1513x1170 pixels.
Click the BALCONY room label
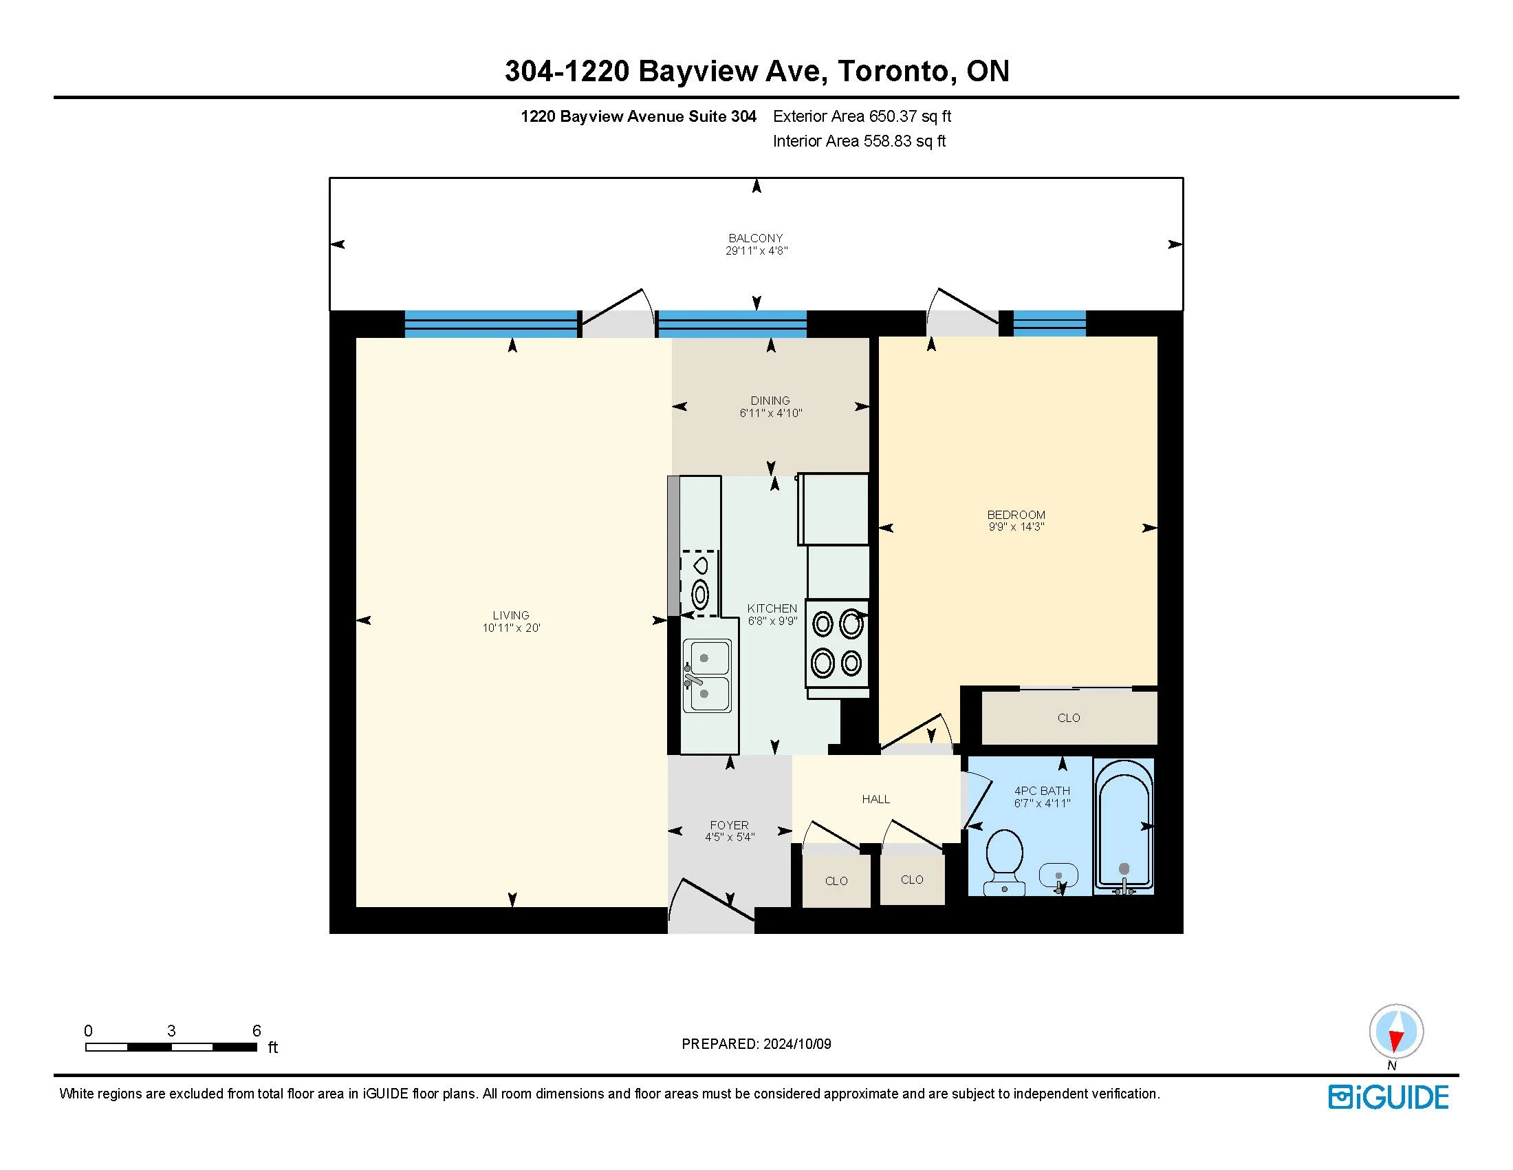click(x=755, y=237)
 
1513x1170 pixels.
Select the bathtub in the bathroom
click(x=1124, y=825)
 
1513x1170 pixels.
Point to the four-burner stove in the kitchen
click(x=837, y=644)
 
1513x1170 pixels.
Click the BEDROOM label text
click(x=1016, y=515)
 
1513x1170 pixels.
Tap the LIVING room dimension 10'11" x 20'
click(x=511, y=628)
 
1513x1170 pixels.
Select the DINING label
click(x=770, y=401)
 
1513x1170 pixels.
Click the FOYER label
click(x=730, y=825)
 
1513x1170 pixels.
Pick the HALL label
click(x=875, y=799)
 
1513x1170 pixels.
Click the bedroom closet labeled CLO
click(x=1069, y=718)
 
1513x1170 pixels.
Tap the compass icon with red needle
click(x=1396, y=1031)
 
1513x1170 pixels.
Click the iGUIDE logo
click(x=1389, y=1097)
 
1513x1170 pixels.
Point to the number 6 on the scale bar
click(x=257, y=1031)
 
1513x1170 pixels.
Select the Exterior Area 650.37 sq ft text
click(x=862, y=116)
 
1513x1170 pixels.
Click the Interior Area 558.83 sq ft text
click(x=859, y=141)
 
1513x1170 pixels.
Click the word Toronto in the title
click(x=893, y=71)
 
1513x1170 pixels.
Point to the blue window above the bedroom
click(x=1049, y=323)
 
